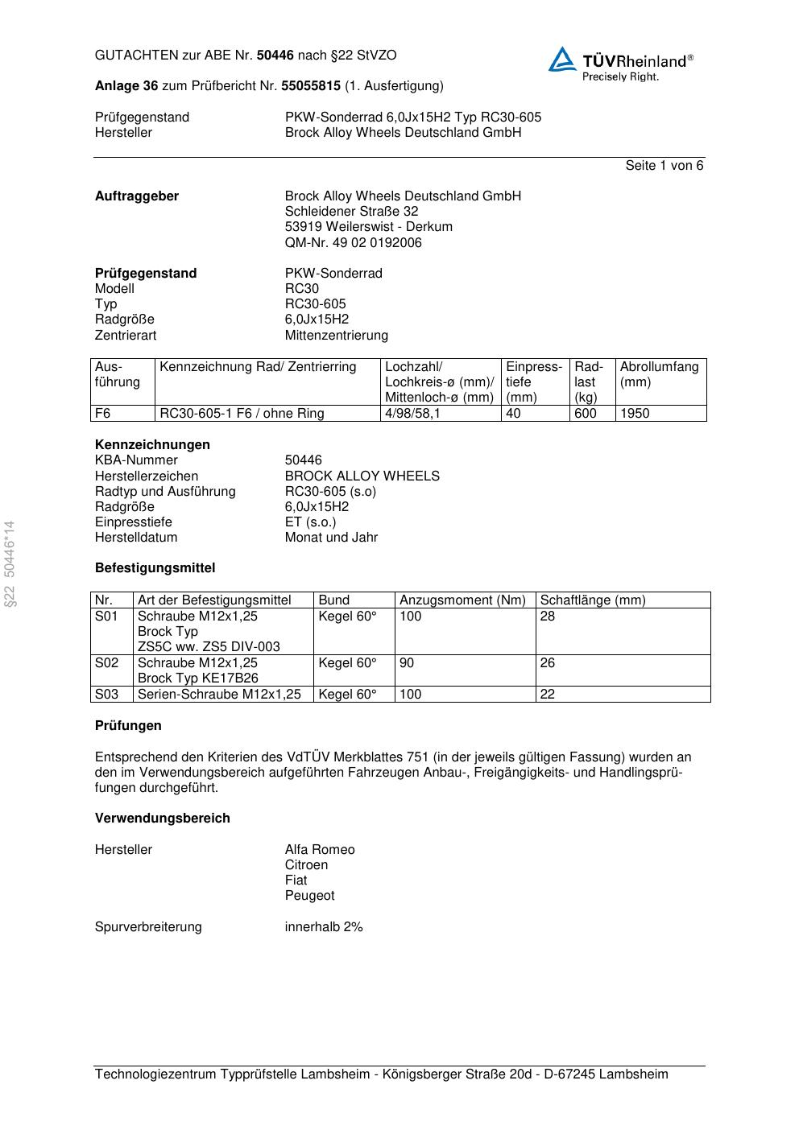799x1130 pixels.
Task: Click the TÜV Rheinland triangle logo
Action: click(562, 60)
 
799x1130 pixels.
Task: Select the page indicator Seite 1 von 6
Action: click(664, 166)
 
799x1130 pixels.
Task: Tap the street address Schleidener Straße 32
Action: click(351, 212)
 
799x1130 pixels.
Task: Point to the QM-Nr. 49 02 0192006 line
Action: click(353, 243)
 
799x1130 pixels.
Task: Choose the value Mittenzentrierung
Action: click(336, 336)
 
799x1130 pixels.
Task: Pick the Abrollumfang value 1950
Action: click(635, 414)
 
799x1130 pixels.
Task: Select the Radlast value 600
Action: click(586, 414)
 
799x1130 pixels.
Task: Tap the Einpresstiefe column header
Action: click(534, 381)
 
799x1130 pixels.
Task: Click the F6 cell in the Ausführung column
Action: click(103, 414)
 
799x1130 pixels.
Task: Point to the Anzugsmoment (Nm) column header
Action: click(462, 600)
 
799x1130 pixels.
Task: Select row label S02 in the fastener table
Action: click(107, 663)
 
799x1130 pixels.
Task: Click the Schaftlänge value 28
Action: click(548, 617)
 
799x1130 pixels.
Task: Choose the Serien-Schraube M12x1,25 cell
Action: click(219, 695)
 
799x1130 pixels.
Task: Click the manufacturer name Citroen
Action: click(306, 865)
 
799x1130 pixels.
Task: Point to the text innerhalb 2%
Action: click(324, 927)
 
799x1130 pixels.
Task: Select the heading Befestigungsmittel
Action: click(155, 568)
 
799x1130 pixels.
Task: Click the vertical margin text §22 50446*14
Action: click(10, 563)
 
